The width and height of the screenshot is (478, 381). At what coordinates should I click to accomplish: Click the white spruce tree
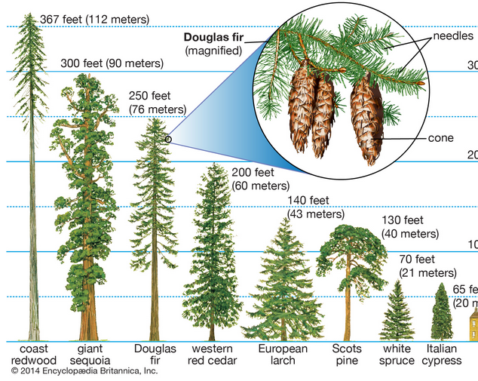397,313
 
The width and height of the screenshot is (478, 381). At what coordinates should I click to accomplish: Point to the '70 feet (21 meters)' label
427,265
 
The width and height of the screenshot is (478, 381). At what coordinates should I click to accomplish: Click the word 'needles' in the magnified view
453,35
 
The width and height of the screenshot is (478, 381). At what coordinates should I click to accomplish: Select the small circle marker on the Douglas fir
168,139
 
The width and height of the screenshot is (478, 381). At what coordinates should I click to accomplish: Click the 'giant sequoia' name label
94,355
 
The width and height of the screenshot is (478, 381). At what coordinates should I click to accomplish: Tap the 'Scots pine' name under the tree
347,355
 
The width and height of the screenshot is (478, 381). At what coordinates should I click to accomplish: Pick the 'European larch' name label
283,355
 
